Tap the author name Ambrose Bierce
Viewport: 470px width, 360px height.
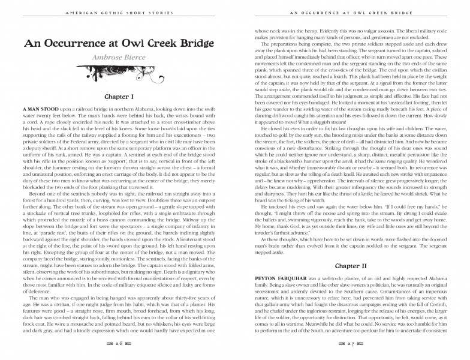(x=118, y=58)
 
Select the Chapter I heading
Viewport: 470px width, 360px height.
(x=118, y=96)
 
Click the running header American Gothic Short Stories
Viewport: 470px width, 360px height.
(x=118, y=11)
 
